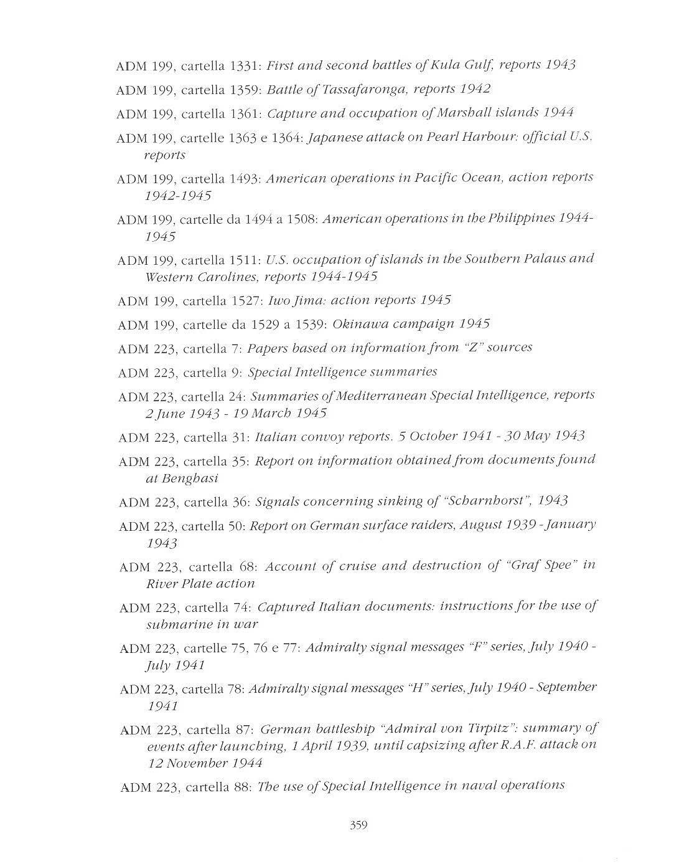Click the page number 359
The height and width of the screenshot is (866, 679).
pos(358,826)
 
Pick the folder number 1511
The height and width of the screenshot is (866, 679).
pos(245,260)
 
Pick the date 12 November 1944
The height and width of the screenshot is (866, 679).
pos(205,763)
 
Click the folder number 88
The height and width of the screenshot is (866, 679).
pos(243,787)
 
